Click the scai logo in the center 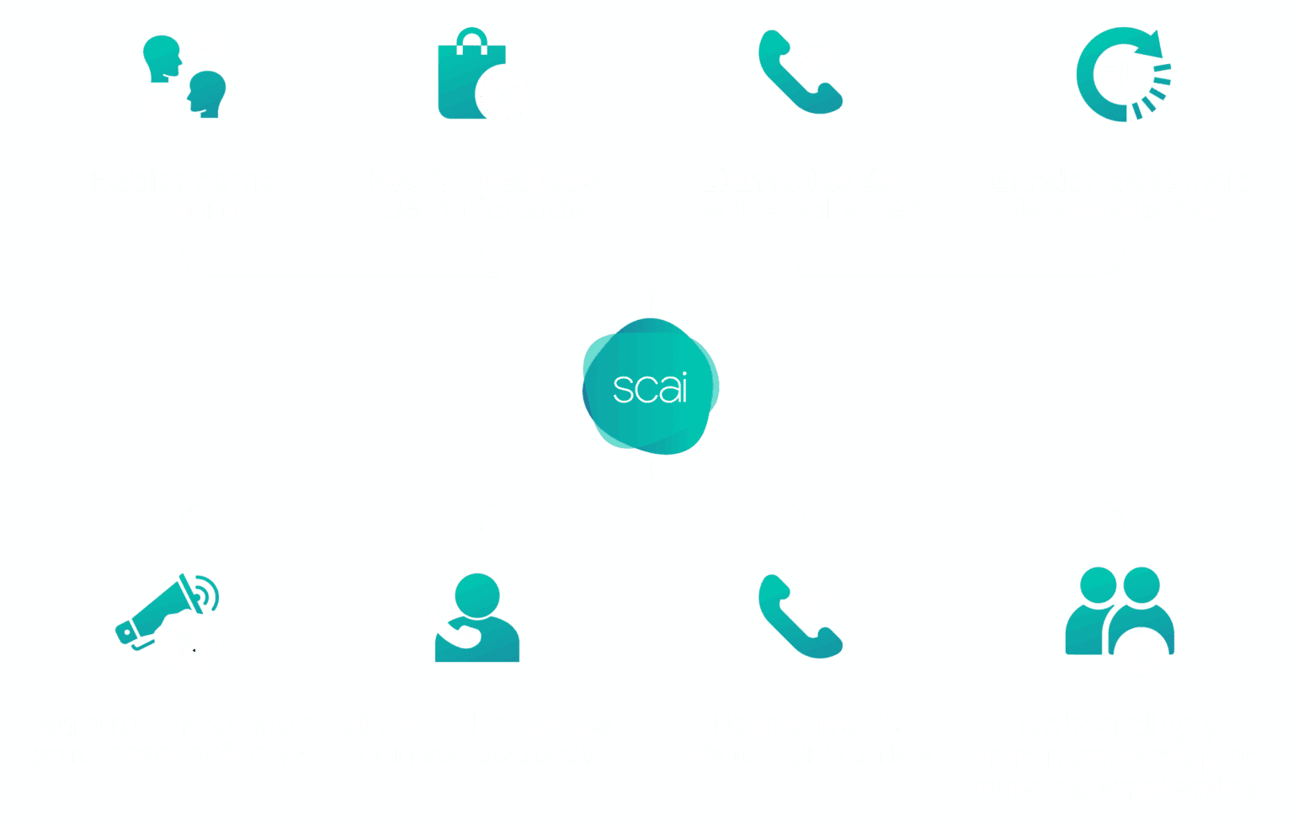(650, 387)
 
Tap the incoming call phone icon (800, 616)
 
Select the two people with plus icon (1120, 619)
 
